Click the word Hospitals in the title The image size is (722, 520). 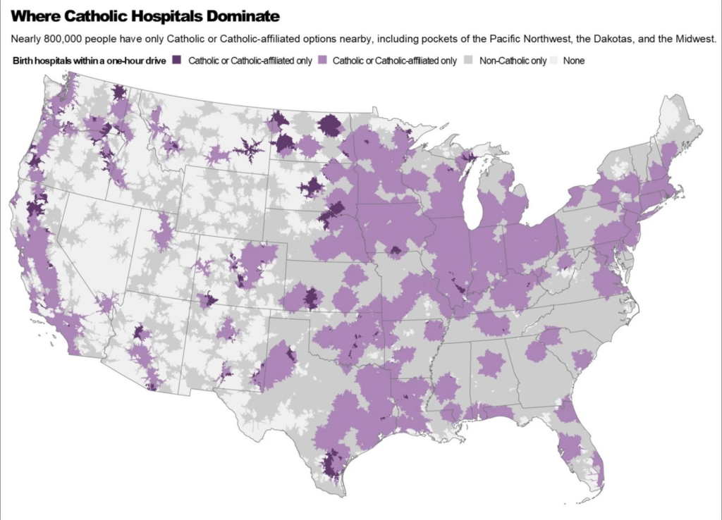click(x=169, y=16)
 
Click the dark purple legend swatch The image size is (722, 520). click(x=178, y=61)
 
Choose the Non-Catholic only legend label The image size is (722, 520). click(x=513, y=61)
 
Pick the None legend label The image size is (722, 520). click(x=573, y=61)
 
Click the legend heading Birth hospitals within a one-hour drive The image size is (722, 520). click(x=89, y=61)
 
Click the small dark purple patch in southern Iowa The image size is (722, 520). click(x=396, y=250)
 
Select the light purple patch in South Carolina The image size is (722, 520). click(x=582, y=361)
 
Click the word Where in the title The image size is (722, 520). click(x=37, y=16)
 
